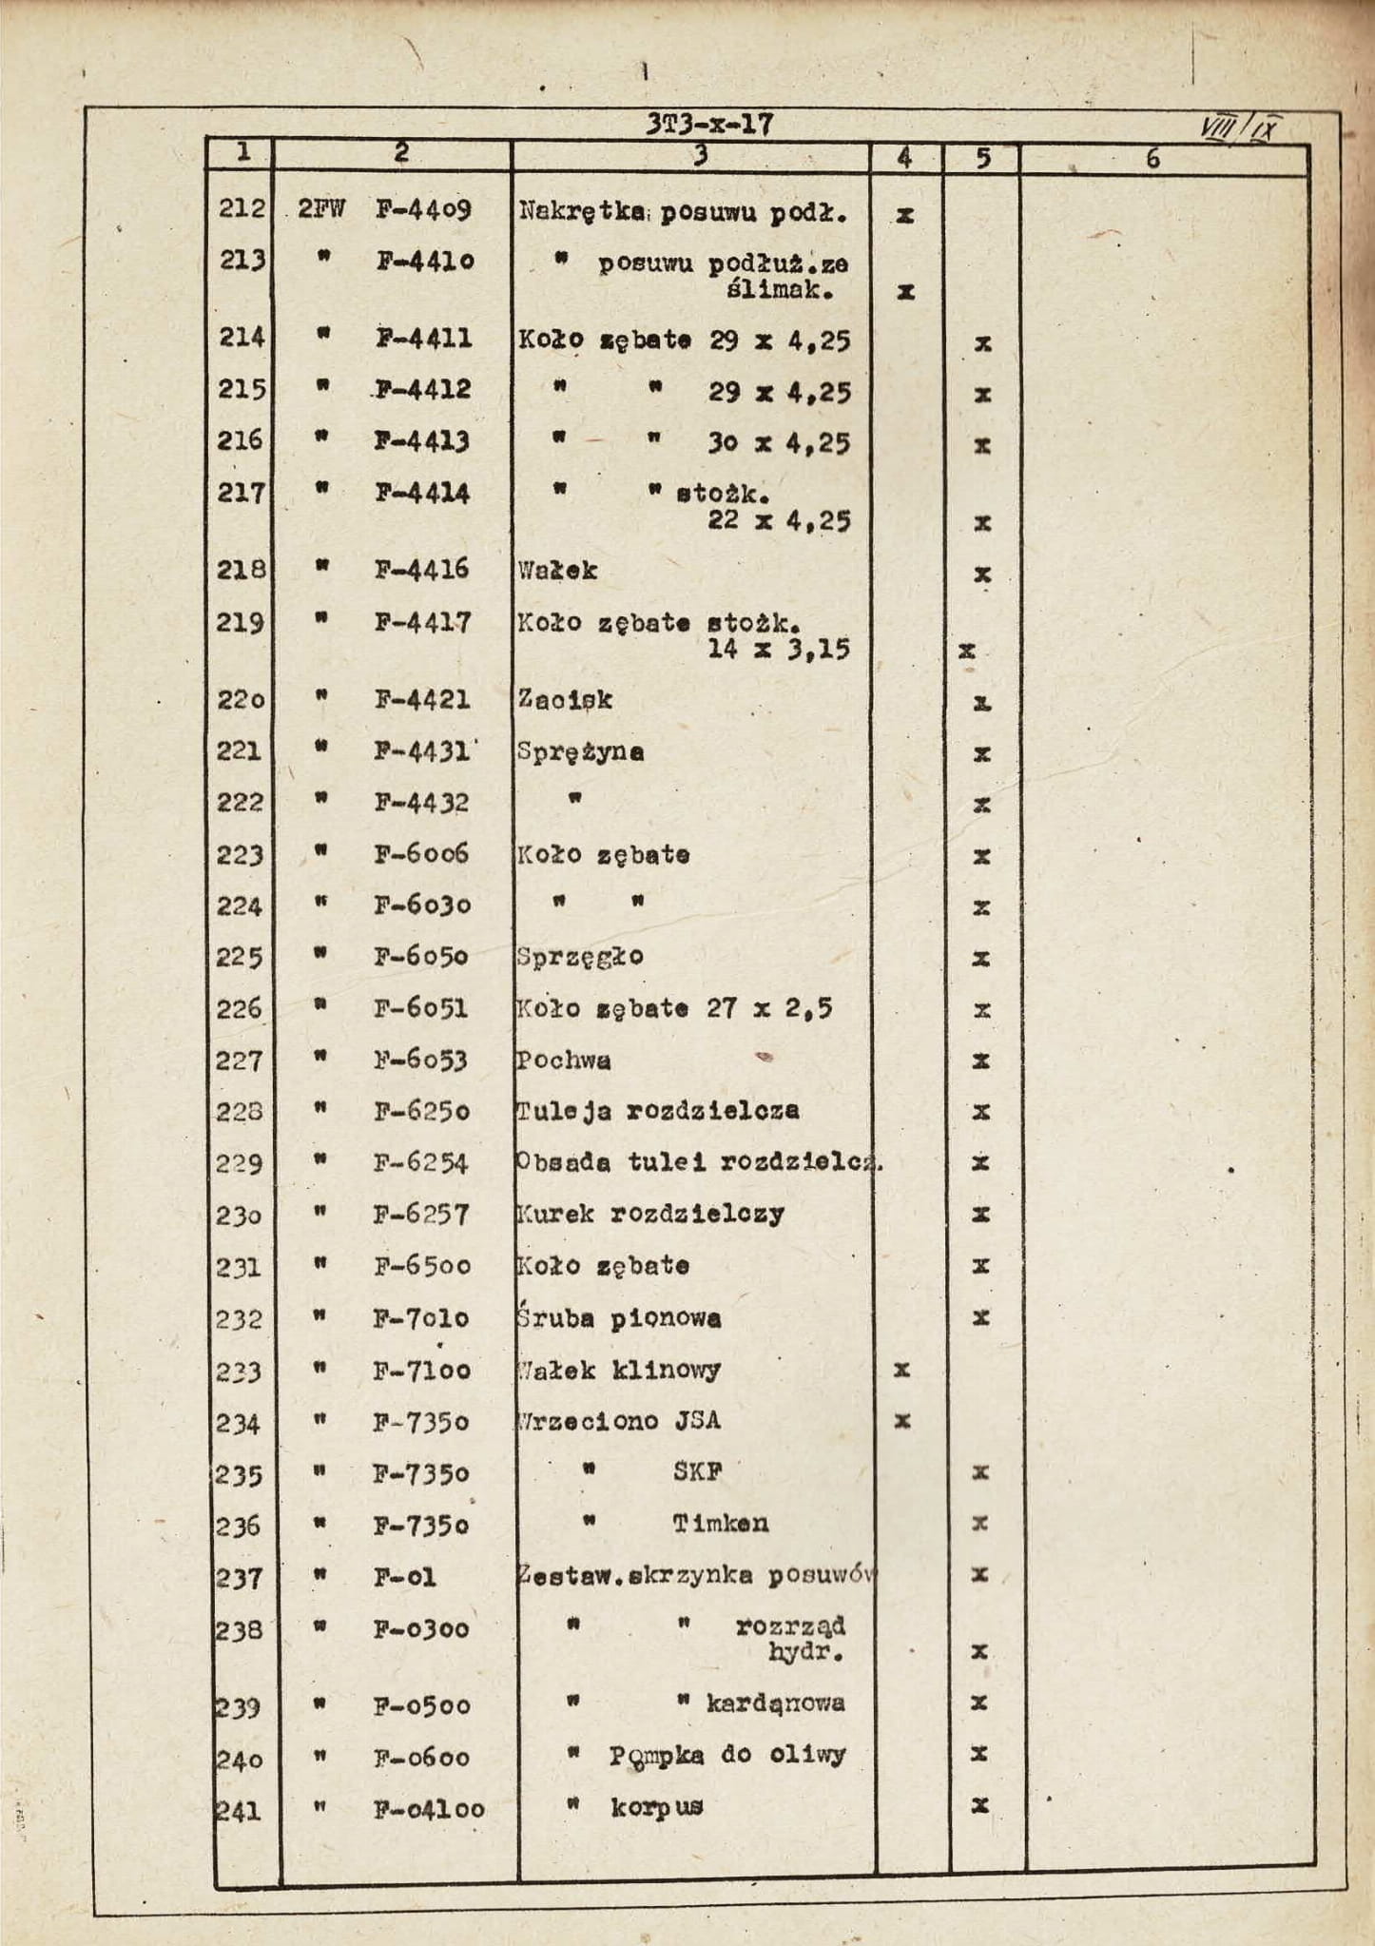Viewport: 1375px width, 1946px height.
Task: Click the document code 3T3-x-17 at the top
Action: coord(709,125)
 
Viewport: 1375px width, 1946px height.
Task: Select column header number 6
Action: coord(1152,159)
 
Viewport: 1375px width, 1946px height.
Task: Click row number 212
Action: coord(242,207)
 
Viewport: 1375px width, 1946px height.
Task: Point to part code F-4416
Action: coord(421,569)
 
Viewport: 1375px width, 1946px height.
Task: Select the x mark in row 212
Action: coord(905,216)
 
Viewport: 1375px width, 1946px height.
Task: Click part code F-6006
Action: coord(421,853)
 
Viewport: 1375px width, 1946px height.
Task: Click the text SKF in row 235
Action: coord(697,1471)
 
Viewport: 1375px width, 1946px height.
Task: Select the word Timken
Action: coord(721,1524)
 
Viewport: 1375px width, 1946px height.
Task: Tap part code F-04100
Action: coord(429,1808)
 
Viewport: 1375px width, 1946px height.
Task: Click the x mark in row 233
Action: coord(902,1370)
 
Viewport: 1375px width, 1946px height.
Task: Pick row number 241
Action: coord(238,1810)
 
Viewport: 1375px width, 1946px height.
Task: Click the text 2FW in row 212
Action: coord(321,208)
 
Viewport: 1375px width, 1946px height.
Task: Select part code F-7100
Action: coord(421,1371)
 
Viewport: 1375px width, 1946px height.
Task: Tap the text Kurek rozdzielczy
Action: coord(650,1215)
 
